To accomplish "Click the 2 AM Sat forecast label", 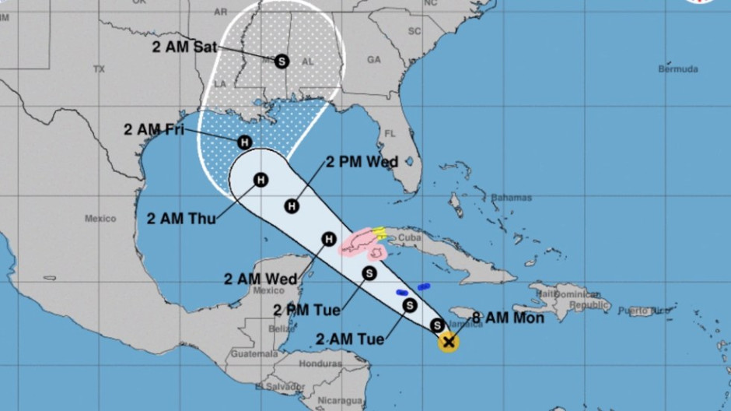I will click(x=185, y=47).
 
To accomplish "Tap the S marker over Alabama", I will click(x=282, y=60).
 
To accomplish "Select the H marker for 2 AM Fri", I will click(x=244, y=142).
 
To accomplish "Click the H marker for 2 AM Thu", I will click(x=261, y=180).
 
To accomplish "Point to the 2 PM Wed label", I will click(x=362, y=162).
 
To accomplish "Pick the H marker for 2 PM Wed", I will click(x=292, y=205).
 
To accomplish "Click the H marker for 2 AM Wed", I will click(x=328, y=239).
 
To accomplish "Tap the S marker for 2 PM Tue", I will click(x=369, y=272).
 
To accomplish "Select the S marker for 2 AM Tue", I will click(x=409, y=305).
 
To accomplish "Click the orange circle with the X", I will click(x=448, y=341).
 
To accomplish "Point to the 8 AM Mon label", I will click(x=508, y=317).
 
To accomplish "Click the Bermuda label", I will click(x=678, y=69).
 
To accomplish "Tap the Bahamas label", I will click(x=511, y=197).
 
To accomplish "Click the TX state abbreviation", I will click(x=99, y=69).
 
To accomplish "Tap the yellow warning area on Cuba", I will click(x=379, y=232).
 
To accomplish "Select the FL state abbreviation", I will click(x=390, y=133).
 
